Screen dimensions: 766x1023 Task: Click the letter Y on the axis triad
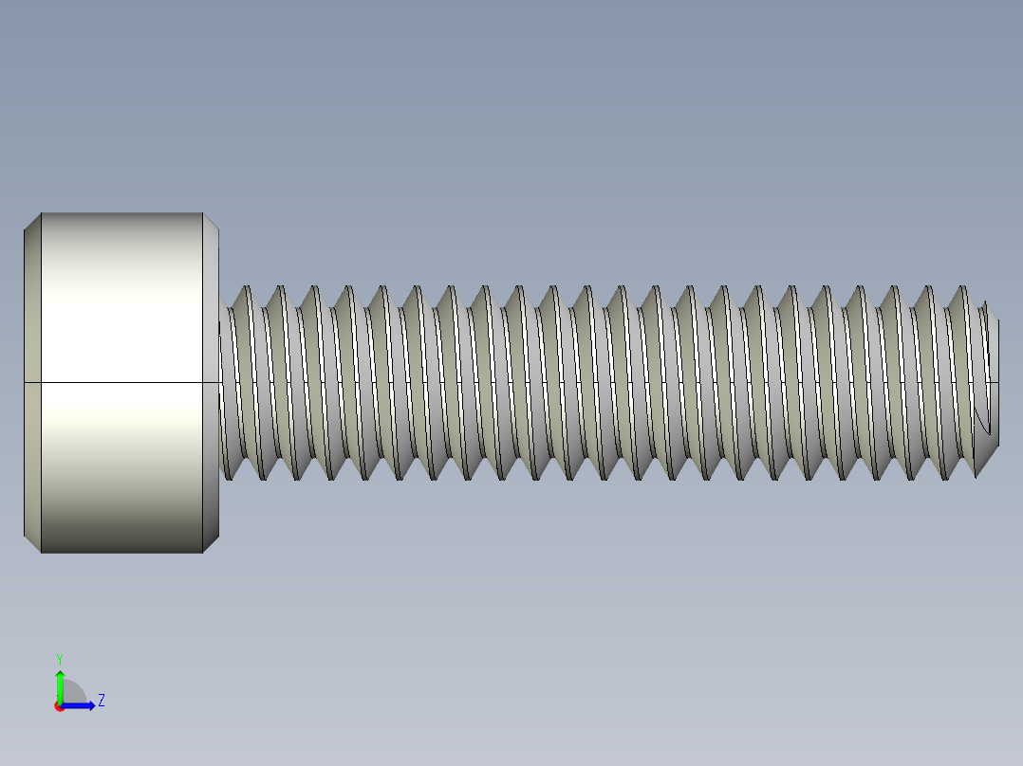(x=59, y=658)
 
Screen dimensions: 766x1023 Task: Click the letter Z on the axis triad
(x=101, y=701)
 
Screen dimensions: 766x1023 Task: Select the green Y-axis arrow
(x=59, y=683)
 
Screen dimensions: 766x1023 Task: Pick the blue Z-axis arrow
(x=82, y=705)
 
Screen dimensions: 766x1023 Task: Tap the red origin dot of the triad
(x=59, y=706)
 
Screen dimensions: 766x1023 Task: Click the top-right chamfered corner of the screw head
(x=212, y=222)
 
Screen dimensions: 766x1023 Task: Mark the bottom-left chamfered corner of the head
(x=32, y=543)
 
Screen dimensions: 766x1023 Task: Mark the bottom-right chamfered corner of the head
(x=212, y=543)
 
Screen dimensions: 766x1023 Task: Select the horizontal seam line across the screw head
(x=114, y=382)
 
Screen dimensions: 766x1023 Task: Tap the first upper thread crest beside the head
(x=247, y=289)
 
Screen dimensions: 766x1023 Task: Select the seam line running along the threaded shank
(x=607, y=382)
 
